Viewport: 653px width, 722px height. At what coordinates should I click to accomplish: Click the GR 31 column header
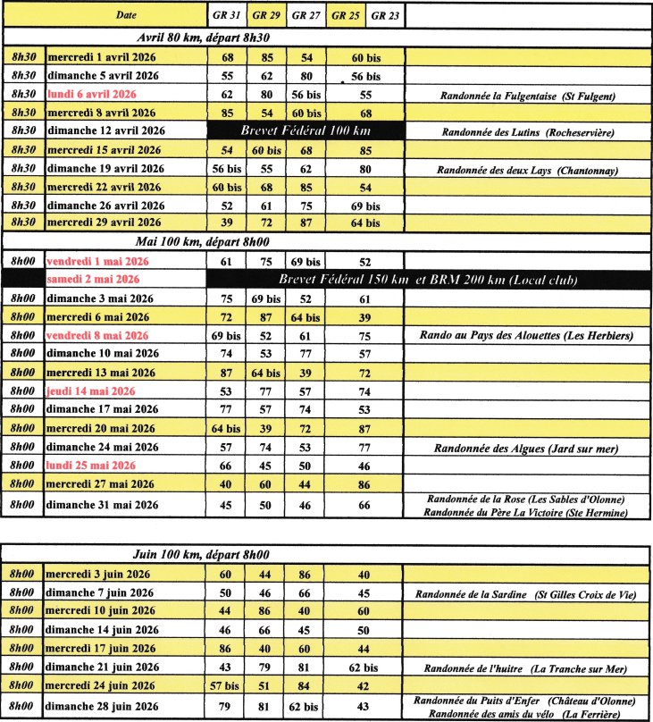tap(227, 14)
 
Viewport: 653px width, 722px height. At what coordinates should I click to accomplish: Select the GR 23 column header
tap(384, 14)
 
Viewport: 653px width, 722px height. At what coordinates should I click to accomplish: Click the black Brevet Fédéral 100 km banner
tap(303, 130)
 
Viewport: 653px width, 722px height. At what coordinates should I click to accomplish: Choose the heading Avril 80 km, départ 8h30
tap(204, 38)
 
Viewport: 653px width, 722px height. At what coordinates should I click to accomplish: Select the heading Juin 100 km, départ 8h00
tap(205, 555)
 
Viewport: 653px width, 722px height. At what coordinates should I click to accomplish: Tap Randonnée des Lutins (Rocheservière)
tap(527, 130)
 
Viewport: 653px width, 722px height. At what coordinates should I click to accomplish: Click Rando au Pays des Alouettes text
tap(526, 336)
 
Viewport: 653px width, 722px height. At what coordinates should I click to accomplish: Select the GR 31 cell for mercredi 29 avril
tap(227, 222)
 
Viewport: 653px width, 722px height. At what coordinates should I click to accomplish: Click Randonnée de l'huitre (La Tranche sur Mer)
tap(526, 668)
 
